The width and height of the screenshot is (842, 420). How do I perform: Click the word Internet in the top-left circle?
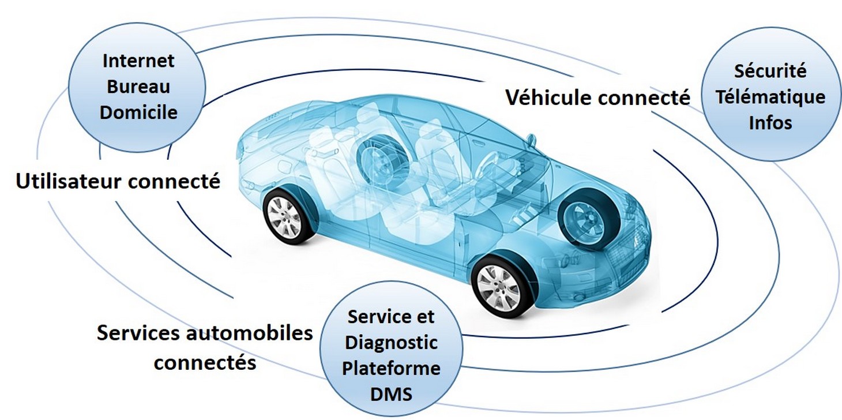[x=138, y=61]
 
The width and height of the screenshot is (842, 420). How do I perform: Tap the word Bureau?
[x=138, y=87]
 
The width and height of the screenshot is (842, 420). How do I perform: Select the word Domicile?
[x=138, y=112]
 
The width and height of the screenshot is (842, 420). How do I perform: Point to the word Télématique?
[x=770, y=97]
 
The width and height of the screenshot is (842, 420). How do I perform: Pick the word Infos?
[x=770, y=122]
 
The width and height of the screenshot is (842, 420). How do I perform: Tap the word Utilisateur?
[x=69, y=182]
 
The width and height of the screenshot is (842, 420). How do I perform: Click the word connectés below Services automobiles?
[x=205, y=363]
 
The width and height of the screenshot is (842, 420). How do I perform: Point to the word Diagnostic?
[x=390, y=343]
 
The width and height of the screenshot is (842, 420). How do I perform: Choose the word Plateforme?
[x=390, y=368]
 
